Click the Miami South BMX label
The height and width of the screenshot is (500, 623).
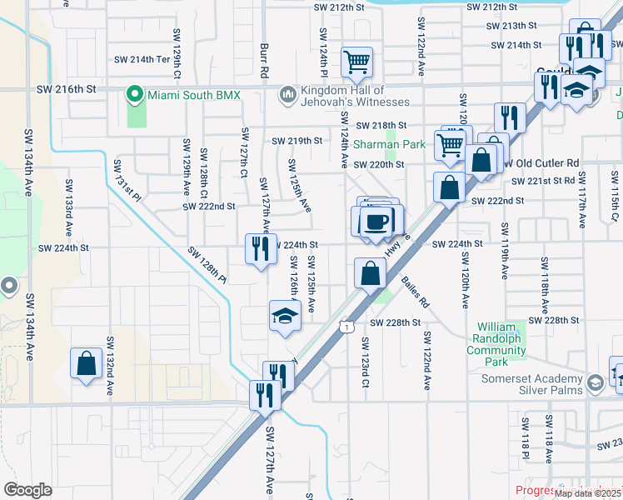[193, 95]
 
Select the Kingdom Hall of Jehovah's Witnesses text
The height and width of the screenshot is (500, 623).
[344, 96]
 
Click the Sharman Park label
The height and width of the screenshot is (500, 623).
[389, 144]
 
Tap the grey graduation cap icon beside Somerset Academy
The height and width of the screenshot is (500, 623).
[596, 382]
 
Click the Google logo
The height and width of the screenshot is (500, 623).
[27, 489]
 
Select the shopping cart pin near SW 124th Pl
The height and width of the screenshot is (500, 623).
[356, 61]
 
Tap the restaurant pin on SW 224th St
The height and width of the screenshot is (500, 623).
[261, 249]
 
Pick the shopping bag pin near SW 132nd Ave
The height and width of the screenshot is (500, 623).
[86, 363]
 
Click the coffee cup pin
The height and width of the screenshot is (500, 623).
[377, 221]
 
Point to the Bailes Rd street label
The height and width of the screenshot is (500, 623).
[416, 293]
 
